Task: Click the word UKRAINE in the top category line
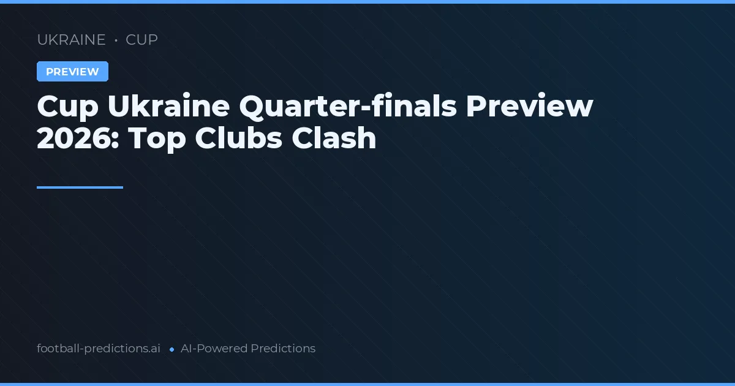pyautogui.click(x=71, y=40)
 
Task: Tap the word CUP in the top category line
pyautogui.click(x=141, y=40)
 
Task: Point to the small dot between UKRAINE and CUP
pyautogui.click(x=116, y=40)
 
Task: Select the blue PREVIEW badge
pyautogui.click(x=72, y=72)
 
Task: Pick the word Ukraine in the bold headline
pyautogui.click(x=168, y=107)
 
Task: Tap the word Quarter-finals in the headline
pyautogui.click(x=348, y=107)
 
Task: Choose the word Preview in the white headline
pyautogui.click(x=529, y=107)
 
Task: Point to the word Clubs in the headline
pyautogui.click(x=238, y=138)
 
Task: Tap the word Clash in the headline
pyautogui.click(x=334, y=138)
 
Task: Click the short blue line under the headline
pyautogui.click(x=80, y=187)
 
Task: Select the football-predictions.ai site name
pyautogui.click(x=99, y=349)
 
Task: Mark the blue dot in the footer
pyautogui.click(x=172, y=349)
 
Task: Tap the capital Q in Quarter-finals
pyautogui.click(x=253, y=107)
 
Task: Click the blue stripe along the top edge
pyautogui.click(x=367, y=2)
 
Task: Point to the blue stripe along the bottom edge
pyautogui.click(x=367, y=384)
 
